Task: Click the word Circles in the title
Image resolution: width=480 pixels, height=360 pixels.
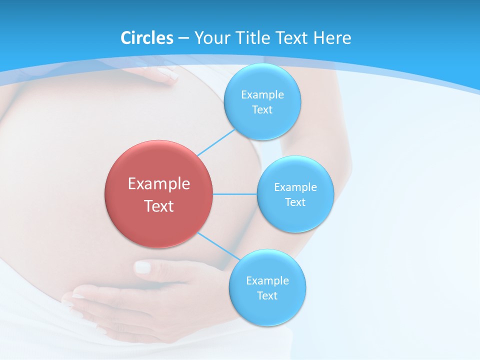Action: point(147,38)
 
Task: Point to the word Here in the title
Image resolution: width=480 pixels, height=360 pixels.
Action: point(332,38)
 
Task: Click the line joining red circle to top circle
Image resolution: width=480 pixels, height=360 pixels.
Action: point(216,142)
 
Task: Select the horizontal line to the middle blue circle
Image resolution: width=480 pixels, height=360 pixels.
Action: point(235,194)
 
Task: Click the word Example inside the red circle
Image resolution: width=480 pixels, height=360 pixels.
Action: point(159,183)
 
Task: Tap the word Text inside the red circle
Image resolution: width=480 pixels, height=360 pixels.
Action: point(159,206)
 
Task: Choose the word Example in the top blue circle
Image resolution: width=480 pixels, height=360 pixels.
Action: point(262,94)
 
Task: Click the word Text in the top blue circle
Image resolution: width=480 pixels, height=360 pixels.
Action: point(262,109)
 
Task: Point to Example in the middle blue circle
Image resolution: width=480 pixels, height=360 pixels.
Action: point(295,187)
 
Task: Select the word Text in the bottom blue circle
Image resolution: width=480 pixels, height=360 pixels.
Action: point(267,295)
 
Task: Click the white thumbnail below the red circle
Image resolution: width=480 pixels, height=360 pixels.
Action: point(143,267)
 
